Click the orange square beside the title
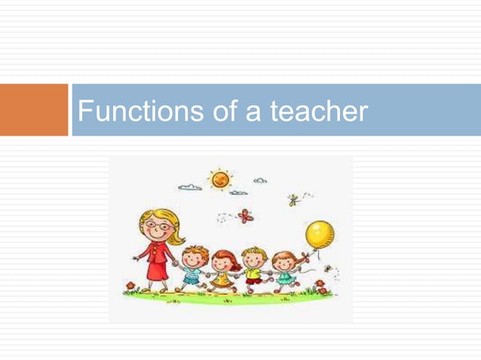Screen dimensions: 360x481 click(x=34, y=110)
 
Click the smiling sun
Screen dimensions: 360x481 click(x=221, y=179)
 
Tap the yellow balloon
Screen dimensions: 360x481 click(x=320, y=234)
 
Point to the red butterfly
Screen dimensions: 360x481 click(x=244, y=216)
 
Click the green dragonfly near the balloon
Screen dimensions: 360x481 click(x=293, y=200)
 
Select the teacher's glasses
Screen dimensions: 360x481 click(x=159, y=226)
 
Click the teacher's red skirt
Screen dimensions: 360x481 click(x=158, y=267)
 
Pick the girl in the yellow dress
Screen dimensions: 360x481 click(x=222, y=271)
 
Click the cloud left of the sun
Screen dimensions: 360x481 click(x=189, y=186)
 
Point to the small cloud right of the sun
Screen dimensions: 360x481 click(x=260, y=181)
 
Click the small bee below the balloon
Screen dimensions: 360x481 click(x=327, y=267)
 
